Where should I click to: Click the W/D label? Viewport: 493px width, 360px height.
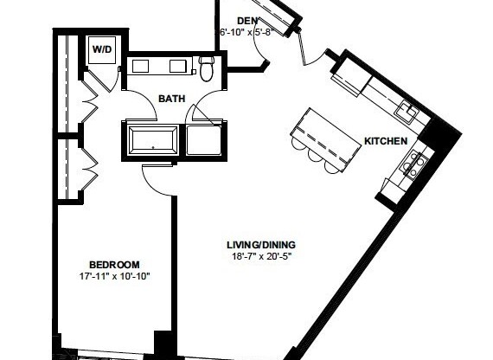(x=101, y=50)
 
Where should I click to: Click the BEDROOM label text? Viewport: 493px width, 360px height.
(x=114, y=265)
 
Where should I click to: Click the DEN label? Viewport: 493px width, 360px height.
(x=246, y=21)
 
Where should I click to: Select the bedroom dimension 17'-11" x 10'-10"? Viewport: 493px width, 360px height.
(x=114, y=278)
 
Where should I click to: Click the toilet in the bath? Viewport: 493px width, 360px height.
(x=207, y=67)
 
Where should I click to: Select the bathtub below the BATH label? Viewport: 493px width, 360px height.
(x=153, y=138)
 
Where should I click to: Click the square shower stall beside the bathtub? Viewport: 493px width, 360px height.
(x=204, y=138)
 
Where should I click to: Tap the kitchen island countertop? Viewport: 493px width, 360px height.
(x=326, y=133)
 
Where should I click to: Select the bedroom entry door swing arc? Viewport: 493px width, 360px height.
(x=157, y=177)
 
